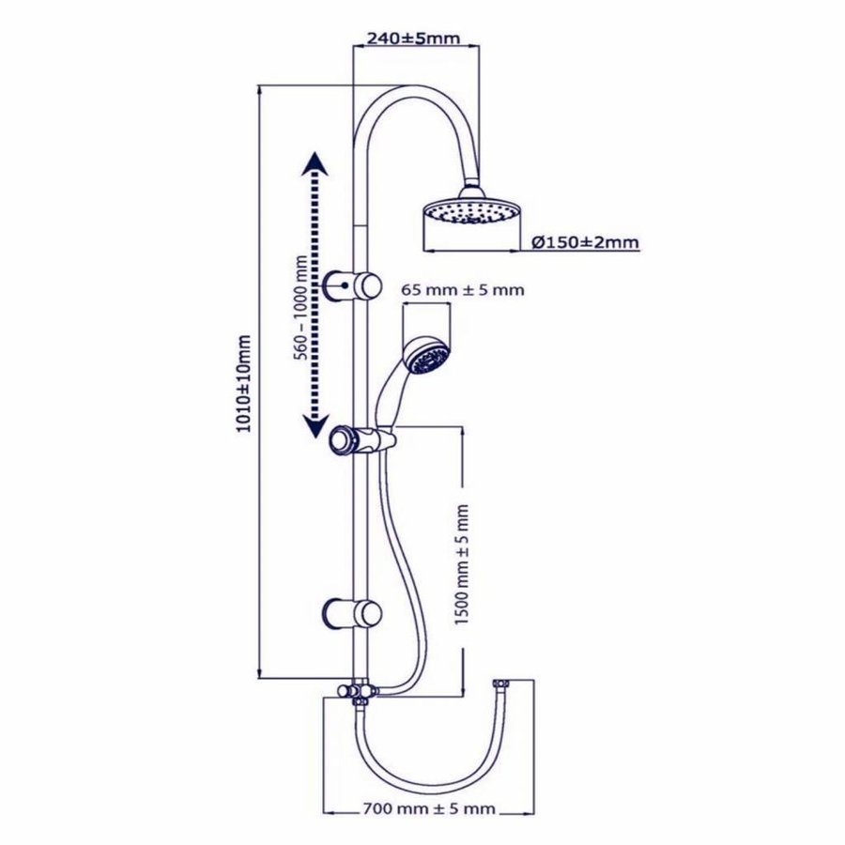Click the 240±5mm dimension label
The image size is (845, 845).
coord(414,38)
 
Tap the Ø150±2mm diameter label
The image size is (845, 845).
coord(585,242)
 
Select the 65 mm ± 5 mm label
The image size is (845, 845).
coord(462,290)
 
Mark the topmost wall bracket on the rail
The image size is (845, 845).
coord(353,283)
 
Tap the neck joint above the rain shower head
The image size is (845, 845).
coord(472,188)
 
